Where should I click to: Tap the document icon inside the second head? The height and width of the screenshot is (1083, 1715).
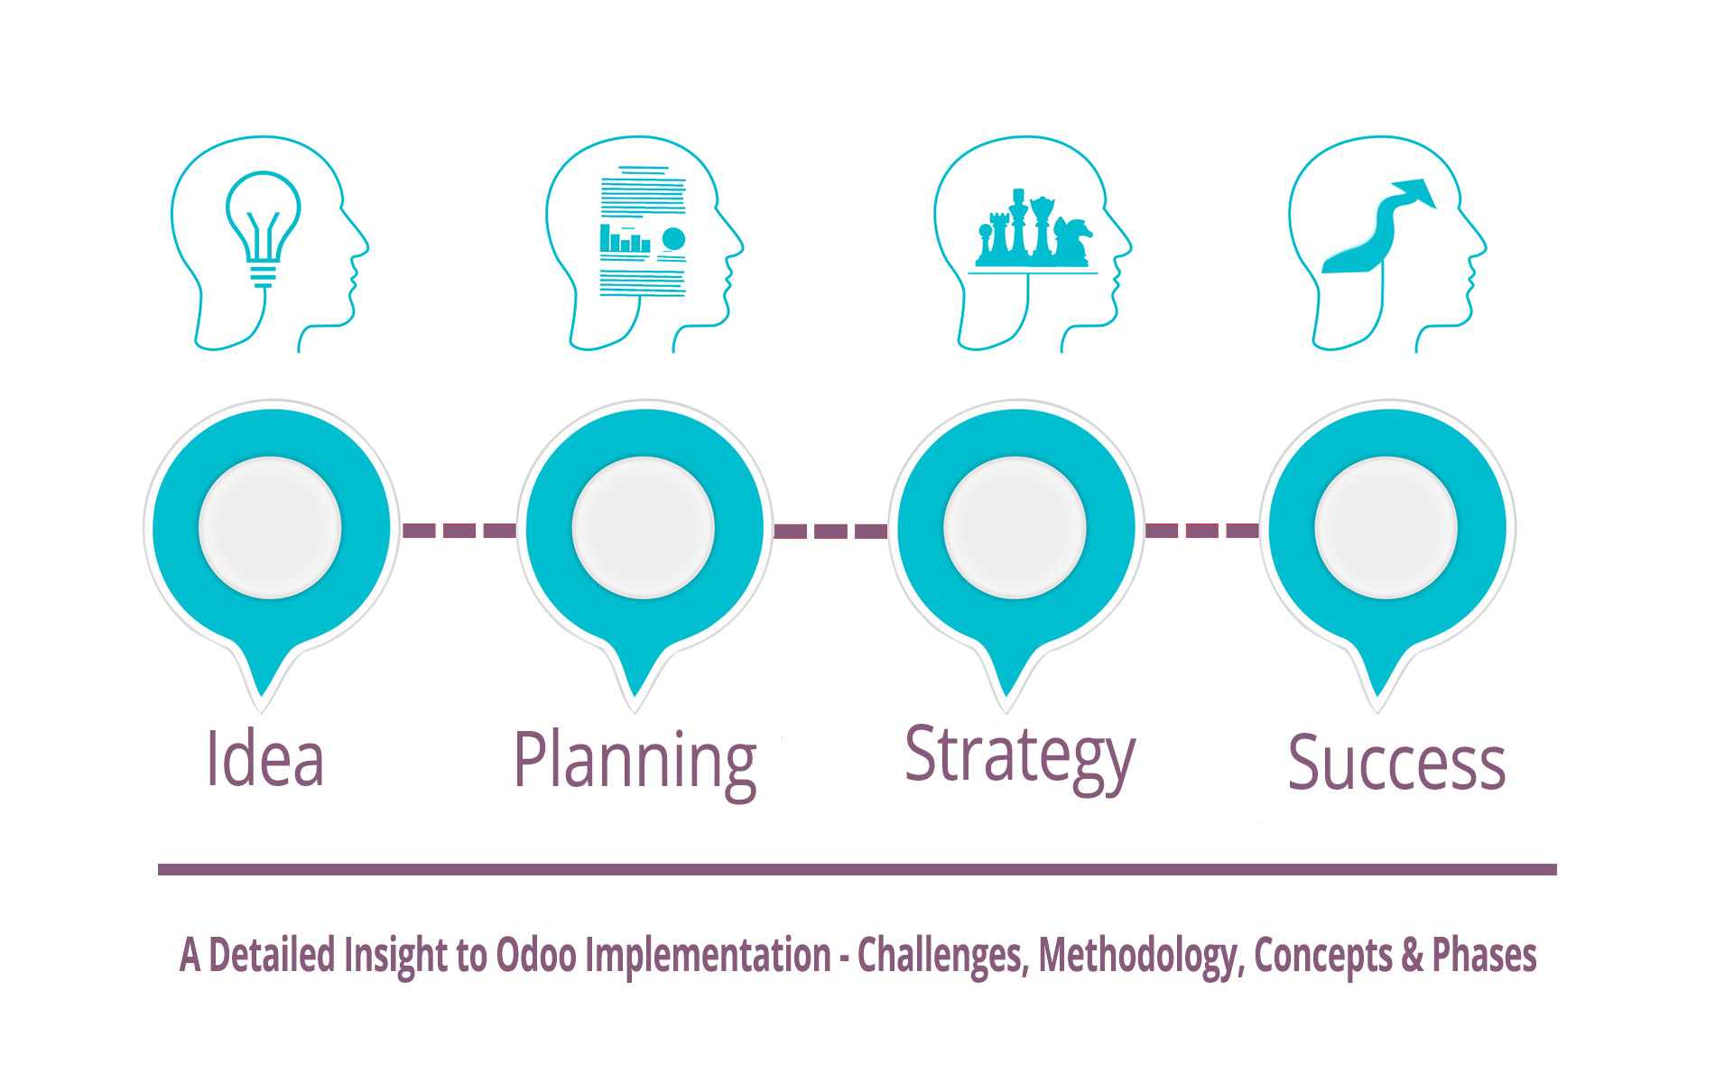pos(643,231)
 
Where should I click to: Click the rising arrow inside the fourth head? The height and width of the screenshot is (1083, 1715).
pos(1378,226)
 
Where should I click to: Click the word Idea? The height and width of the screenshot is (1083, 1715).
pos(265,759)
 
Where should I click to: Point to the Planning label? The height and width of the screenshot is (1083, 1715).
pos(635,764)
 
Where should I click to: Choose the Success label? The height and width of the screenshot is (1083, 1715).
pos(1396,764)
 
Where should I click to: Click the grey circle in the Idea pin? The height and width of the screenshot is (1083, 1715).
pos(270,527)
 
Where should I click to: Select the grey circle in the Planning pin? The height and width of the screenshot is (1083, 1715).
pos(644,527)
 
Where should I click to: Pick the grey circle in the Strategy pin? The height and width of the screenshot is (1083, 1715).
pos(1015,527)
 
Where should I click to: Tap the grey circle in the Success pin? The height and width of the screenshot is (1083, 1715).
pos(1386,527)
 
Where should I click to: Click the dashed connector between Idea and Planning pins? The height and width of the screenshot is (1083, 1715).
pos(459,530)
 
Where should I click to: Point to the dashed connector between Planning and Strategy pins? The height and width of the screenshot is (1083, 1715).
pos(830,531)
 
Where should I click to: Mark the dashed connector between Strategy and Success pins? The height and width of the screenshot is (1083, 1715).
pos(1202,530)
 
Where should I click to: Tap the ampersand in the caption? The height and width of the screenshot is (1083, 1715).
pos(1413,956)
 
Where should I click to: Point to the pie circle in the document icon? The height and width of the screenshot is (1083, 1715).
pos(673,239)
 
